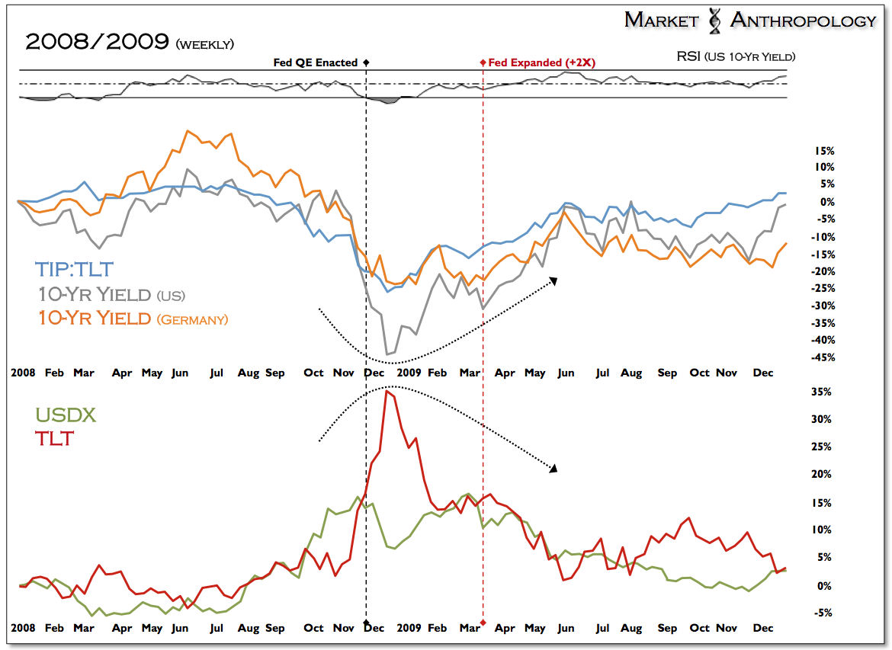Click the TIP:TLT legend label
(x=73, y=269)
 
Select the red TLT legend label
(x=54, y=438)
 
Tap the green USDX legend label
(x=66, y=415)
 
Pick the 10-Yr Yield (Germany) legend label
(x=131, y=319)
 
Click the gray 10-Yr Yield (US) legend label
(x=110, y=294)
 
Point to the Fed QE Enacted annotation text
(x=316, y=62)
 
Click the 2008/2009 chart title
(x=98, y=43)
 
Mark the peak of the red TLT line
(x=388, y=392)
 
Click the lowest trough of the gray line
(x=388, y=354)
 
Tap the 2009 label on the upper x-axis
(x=409, y=373)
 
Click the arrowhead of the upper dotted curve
(x=553, y=281)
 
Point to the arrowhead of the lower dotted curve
(x=553, y=468)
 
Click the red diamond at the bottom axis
(x=483, y=624)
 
